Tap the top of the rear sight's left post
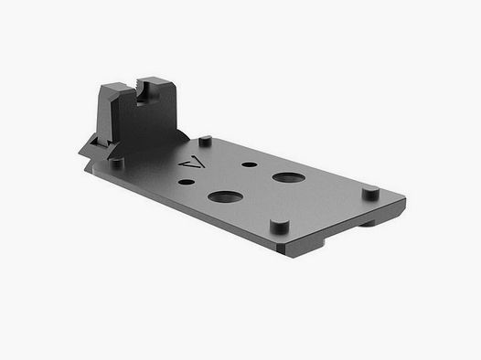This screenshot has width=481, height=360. pyautogui.click(x=113, y=84)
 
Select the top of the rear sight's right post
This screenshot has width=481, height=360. pyautogui.click(x=160, y=85)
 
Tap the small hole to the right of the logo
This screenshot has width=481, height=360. pyautogui.click(x=248, y=165)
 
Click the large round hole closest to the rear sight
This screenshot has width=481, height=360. pyautogui.click(x=225, y=196)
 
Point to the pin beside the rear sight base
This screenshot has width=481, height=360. pyautogui.click(x=117, y=161)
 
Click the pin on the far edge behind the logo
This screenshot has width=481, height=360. pyautogui.click(x=206, y=141)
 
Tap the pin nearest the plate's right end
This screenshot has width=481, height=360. pyautogui.click(x=369, y=193)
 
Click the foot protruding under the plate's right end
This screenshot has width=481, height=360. pyautogui.click(x=384, y=218)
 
